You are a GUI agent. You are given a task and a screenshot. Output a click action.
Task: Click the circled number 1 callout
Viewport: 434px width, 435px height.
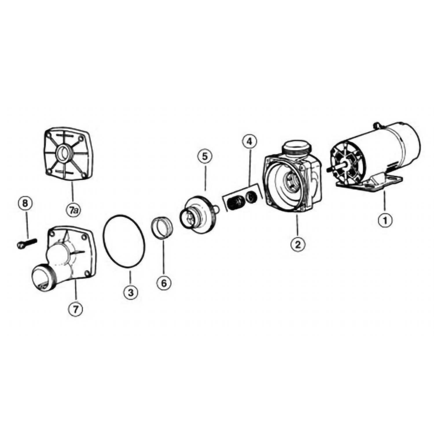pos(385,220)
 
